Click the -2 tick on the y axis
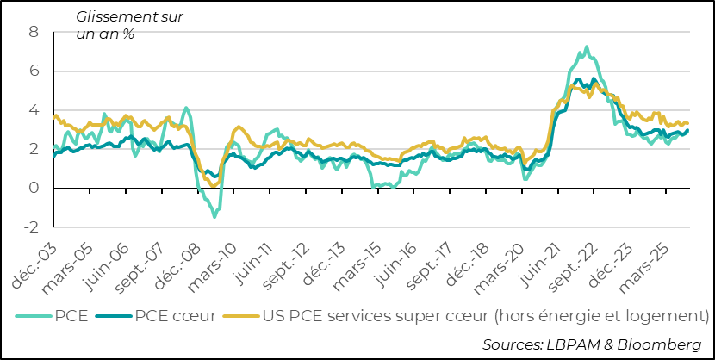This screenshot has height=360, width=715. [32, 227]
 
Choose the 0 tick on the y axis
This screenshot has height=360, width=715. [34, 189]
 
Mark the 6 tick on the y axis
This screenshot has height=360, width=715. [34, 71]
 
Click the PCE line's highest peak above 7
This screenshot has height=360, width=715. [587, 47]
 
